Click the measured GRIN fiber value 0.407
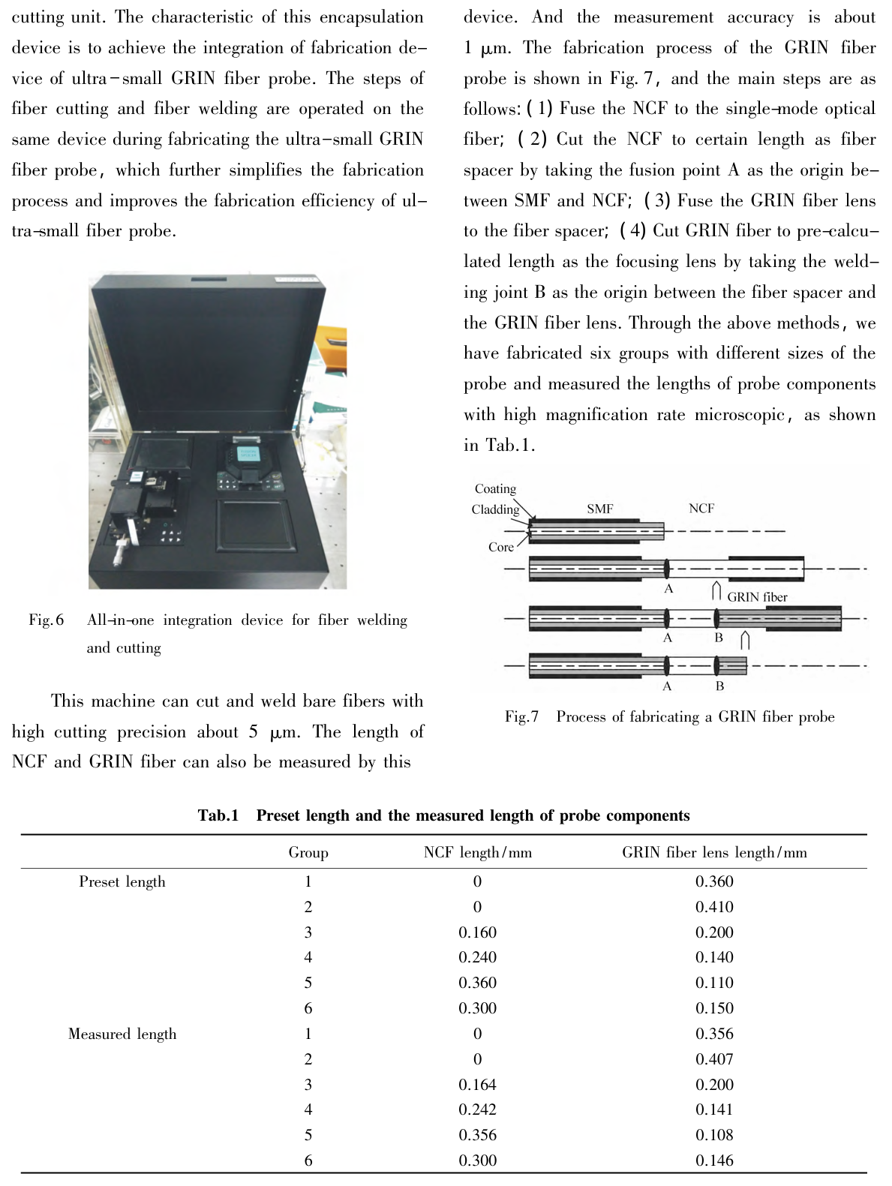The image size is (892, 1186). (x=714, y=1059)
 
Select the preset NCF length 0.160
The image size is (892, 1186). (x=477, y=932)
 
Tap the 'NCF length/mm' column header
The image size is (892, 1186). (x=477, y=852)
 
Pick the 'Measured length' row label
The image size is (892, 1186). (x=122, y=1034)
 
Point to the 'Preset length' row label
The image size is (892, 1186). (x=122, y=881)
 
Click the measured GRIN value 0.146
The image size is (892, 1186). (x=714, y=1160)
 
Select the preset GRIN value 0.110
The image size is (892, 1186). (x=714, y=983)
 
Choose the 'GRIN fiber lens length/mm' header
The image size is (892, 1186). (x=714, y=852)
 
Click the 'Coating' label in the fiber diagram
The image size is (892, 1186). (x=495, y=488)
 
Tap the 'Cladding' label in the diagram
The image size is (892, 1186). (x=495, y=509)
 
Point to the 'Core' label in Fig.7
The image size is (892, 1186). (x=500, y=547)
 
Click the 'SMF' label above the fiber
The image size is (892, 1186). (x=599, y=509)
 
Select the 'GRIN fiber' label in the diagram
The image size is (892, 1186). (x=757, y=597)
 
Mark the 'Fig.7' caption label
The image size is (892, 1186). (x=521, y=716)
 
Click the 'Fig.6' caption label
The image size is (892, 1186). (x=46, y=620)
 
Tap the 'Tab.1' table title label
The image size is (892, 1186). (x=218, y=815)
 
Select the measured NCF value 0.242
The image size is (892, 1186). (x=477, y=1109)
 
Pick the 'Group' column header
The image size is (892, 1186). (x=308, y=852)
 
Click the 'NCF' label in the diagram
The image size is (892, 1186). (x=701, y=509)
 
